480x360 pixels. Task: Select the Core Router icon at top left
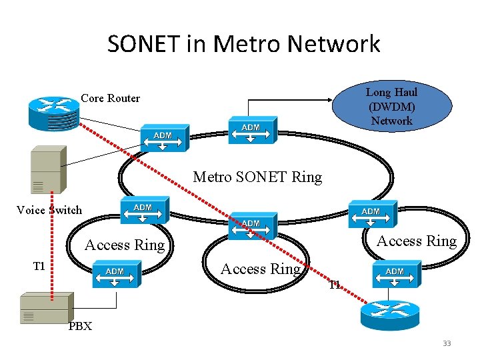pos(54,112)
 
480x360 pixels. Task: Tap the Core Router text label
pos(110,98)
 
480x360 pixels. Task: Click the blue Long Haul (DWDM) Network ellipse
pos(392,106)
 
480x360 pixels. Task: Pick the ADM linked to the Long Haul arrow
pos(251,131)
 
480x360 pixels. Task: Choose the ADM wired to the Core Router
pos(163,138)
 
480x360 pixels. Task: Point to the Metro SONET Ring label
pos(257,177)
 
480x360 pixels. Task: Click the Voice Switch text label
pos(49,210)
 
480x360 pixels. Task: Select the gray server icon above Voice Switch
pos(45,172)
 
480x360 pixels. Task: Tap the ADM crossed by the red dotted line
pos(251,226)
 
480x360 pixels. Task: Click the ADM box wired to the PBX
pos(115,274)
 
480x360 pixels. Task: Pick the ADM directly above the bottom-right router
pos(395,274)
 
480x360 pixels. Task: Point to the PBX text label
pos(80,326)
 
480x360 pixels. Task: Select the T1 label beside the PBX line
pos(39,266)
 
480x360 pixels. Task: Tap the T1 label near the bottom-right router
pos(335,285)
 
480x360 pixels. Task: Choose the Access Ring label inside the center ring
pos(261,269)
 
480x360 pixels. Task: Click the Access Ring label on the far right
pos(417,241)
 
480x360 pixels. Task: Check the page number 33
pos(447,343)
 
